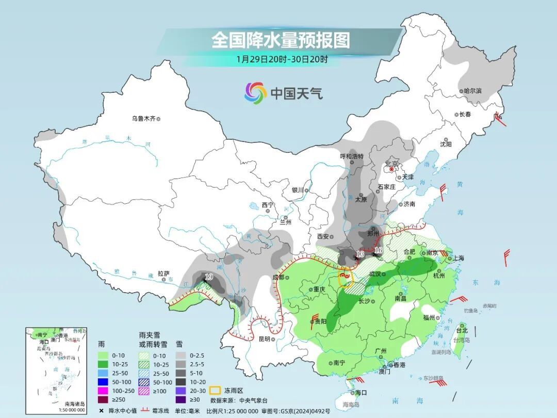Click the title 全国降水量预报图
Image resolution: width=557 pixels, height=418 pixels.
tap(281, 40)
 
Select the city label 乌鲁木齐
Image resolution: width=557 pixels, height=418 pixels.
tap(143, 119)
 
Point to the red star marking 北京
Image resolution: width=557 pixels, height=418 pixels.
tap(391, 169)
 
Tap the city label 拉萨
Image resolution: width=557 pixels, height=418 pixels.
tap(163, 274)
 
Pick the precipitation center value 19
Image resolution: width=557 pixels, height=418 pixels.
tap(208, 277)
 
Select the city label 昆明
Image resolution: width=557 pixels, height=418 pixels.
tap(264, 339)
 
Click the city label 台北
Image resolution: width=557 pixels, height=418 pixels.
tap(462, 330)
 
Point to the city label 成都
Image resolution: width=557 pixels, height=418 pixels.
tap(278, 277)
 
